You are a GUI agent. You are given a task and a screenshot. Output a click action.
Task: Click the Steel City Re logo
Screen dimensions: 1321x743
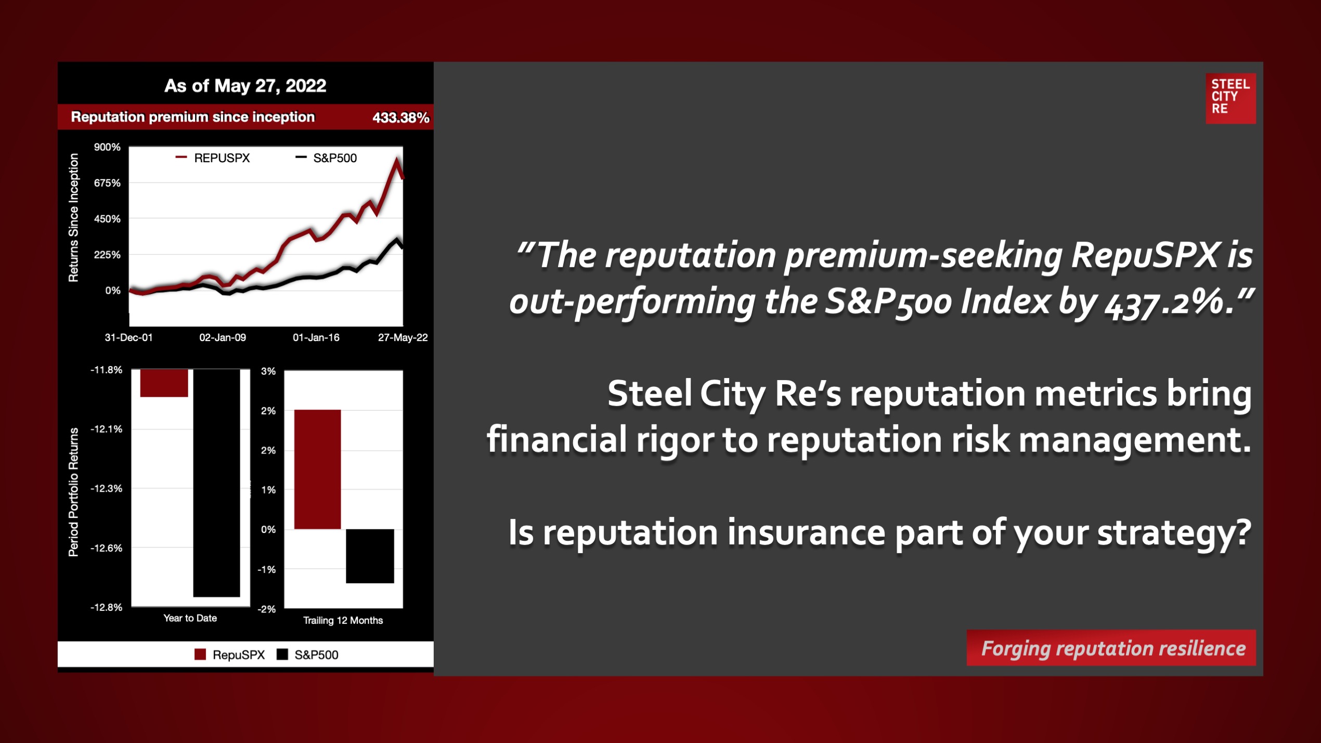coord(1231,98)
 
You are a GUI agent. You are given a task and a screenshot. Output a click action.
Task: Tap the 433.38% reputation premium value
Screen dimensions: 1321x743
coord(401,118)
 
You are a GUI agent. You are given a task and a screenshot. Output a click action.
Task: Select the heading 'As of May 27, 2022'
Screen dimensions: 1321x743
coord(245,86)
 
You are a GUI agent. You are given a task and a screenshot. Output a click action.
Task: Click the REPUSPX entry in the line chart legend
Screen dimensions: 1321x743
coord(213,158)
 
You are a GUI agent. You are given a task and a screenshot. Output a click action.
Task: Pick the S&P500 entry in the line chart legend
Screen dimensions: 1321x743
coord(326,158)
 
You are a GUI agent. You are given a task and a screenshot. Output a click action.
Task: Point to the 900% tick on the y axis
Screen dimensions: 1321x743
coord(107,147)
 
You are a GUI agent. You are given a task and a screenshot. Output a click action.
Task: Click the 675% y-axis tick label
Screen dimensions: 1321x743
coord(107,183)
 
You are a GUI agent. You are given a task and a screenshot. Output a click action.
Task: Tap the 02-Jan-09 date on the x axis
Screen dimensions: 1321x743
coord(223,337)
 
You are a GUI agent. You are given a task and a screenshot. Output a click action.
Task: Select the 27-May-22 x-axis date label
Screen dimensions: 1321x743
coord(403,337)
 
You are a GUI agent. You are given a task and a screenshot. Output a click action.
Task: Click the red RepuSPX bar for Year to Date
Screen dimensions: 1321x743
coord(164,383)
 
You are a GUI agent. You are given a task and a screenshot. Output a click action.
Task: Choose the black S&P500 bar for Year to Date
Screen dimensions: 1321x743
coord(216,483)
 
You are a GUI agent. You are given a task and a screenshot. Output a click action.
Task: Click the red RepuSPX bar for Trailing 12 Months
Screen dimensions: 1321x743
coord(317,470)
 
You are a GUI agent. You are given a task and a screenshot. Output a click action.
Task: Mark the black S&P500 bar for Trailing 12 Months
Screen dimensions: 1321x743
coord(370,556)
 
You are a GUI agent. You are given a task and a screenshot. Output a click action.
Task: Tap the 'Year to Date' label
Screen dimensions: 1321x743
coord(190,618)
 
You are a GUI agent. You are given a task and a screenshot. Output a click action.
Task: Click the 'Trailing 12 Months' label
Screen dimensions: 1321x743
coord(343,620)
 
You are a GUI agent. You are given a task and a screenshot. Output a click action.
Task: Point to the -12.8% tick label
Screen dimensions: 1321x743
coord(107,607)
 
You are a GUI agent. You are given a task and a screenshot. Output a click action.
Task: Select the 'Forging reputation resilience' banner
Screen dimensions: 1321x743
coord(1111,648)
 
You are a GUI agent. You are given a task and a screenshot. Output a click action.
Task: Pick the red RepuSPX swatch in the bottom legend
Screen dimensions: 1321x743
coord(200,655)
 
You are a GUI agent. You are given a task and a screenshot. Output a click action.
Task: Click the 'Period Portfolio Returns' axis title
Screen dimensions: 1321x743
coord(74,492)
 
